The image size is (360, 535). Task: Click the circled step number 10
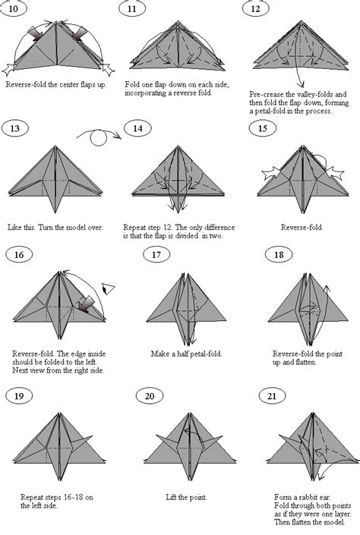[13, 8]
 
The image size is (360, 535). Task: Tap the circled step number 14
[137, 128]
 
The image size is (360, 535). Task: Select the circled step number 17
[156, 254]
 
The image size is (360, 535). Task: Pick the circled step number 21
[272, 396]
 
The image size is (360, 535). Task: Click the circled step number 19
[19, 396]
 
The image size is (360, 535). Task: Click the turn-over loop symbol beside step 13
[99, 137]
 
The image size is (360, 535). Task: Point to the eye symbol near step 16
[109, 289]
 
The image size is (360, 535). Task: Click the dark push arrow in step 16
[85, 304]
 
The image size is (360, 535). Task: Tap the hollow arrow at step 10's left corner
[9, 68]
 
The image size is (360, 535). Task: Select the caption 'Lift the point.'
[186, 498]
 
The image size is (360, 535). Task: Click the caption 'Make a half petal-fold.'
[186, 354]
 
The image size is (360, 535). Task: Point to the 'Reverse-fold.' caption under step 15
[302, 227]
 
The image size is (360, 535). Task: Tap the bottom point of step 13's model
[55, 213]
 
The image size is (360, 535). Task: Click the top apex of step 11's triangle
[178, 21]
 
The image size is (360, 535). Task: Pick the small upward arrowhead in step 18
[327, 288]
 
